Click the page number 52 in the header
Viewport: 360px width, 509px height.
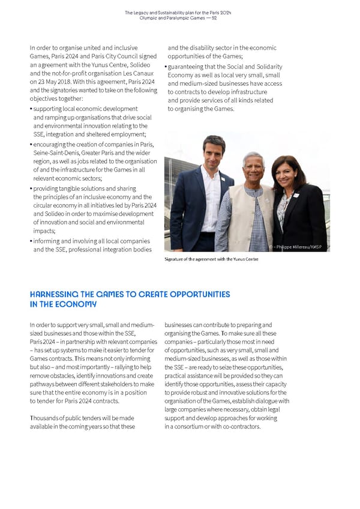(214, 18)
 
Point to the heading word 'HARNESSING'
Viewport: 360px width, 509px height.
(55, 295)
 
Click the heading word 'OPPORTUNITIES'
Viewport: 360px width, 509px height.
(200, 295)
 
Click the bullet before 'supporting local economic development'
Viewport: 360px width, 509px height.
(31, 109)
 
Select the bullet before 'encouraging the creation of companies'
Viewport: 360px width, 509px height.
(31, 144)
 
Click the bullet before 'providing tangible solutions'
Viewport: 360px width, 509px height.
(31, 188)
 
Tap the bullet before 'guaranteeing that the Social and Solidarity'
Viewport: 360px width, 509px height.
(166, 66)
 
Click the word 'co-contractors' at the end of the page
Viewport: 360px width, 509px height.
(241, 427)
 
